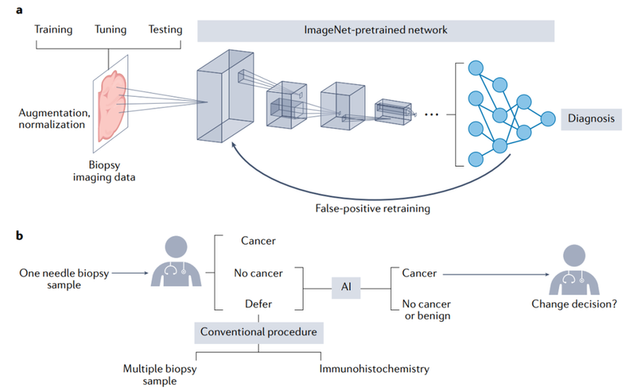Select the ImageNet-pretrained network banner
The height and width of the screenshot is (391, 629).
click(x=376, y=31)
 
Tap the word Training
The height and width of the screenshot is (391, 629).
click(x=53, y=30)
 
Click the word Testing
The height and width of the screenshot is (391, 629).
click(x=165, y=30)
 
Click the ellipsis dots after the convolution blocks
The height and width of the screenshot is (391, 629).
click(x=432, y=114)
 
